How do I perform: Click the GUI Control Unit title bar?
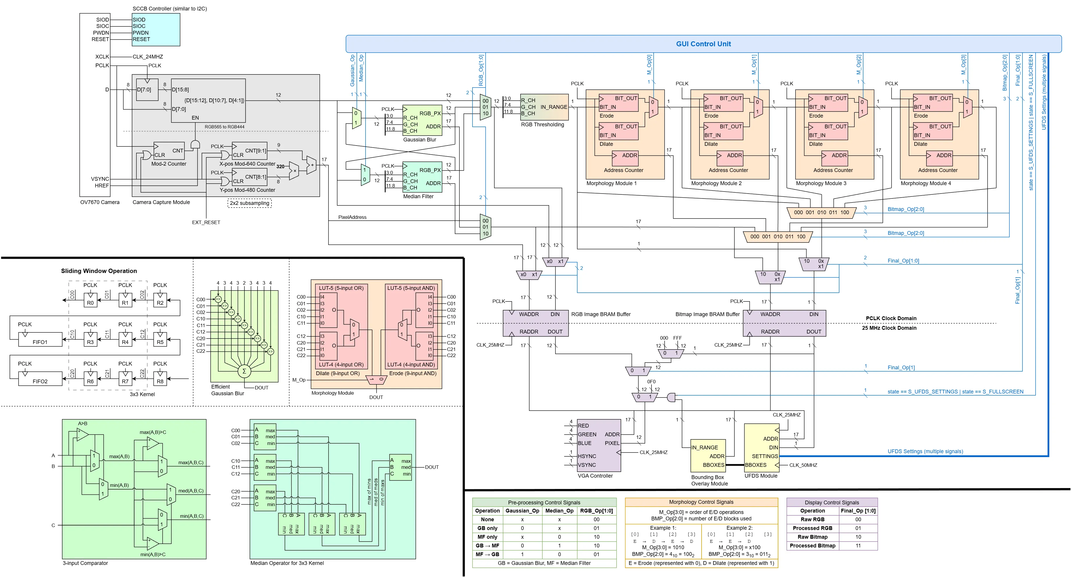pos(703,44)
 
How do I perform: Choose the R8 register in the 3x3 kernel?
pos(160,379)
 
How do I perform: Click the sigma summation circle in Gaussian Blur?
pos(244,371)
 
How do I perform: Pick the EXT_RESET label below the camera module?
pos(206,223)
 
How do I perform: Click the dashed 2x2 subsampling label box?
pos(250,203)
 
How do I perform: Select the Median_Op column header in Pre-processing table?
pos(559,510)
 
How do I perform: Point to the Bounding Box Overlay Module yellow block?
pos(707,456)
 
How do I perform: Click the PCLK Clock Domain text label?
pos(891,318)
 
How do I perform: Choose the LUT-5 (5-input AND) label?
pos(411,288)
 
